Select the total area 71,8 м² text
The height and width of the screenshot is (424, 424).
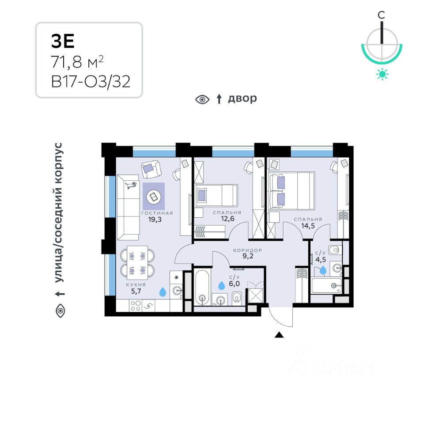coord(78,62)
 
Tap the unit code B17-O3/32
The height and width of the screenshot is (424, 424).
coord(91,82)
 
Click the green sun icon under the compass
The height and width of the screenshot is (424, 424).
coord(382,74)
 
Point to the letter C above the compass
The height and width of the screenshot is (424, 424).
coord(382,15)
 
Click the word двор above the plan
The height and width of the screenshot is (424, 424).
coord(242,98)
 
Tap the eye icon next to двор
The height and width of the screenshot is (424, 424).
coord(202,99)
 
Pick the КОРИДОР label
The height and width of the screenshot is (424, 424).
coord(248,250)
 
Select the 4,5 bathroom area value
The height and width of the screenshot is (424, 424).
coord(320,260)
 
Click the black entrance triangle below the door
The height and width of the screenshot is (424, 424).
coord(279,335)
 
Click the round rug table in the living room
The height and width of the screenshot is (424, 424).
coord(154,196)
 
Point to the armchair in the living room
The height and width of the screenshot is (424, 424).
coord(151,168)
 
